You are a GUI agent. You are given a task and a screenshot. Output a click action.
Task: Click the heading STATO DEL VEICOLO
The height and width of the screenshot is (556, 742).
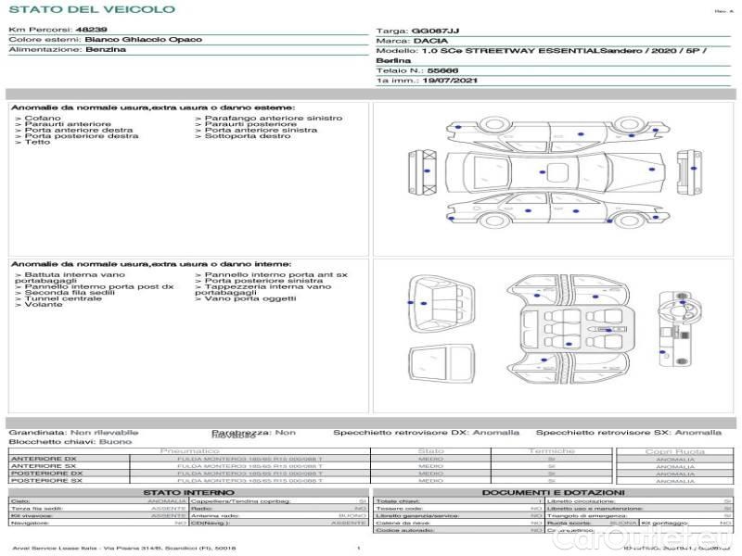(92, 10)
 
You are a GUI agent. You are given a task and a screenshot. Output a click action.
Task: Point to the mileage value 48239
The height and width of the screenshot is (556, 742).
(91, 30)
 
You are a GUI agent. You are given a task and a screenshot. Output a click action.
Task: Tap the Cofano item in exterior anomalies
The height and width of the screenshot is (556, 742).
(43, 119)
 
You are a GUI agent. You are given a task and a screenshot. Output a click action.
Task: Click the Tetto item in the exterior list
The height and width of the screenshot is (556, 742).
(37, 143)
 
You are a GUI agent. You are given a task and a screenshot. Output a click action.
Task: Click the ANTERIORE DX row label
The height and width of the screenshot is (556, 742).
(45, 459)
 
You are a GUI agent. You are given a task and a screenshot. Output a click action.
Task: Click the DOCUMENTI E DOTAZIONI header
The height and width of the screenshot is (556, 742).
(553, 493)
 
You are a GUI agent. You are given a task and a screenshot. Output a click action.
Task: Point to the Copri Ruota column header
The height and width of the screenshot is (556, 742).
(675, 451)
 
